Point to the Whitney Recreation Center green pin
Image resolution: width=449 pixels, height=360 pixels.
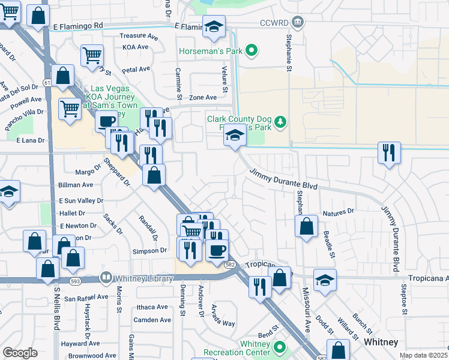click(x=279, y=347)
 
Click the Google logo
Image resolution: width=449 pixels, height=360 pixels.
click(x=20, y=353)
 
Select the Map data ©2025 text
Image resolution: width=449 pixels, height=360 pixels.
click(x=423, y=355)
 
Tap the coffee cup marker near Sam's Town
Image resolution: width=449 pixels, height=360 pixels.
click(x=106, y=121)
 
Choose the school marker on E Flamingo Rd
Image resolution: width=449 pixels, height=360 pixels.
click(x=214, y=26)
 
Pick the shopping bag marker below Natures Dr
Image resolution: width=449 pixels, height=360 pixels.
click(x=306, y=227)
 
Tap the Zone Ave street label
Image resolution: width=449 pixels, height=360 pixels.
click(x=202, y=97)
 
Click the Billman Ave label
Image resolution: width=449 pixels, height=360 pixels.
click(x=76, y=185)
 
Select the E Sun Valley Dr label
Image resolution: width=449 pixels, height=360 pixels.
click(x=81, y=200)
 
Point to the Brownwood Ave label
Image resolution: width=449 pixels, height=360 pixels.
click(x=83, y=356)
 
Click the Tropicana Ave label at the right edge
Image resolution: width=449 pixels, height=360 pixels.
click(x=428, y=278)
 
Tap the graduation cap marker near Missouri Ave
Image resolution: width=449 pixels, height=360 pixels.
click(x=325, y=280)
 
